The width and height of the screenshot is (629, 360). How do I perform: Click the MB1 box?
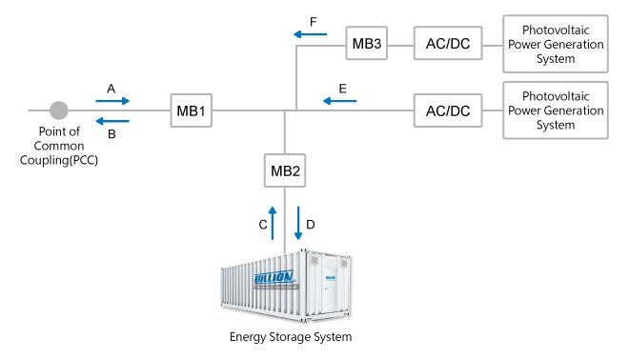click(191, 110)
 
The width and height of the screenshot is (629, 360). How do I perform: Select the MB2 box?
click(285, 170)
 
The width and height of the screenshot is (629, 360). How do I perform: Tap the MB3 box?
click(367, 43)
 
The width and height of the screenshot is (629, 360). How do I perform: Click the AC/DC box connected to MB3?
click(448, 43)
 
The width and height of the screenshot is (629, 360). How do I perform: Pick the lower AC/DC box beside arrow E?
click(448, 110)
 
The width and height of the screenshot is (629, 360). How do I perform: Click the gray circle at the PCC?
click(59, 110)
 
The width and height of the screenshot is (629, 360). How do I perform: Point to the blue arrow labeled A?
click(112, 101)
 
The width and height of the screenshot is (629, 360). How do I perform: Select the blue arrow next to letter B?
click(112, 121)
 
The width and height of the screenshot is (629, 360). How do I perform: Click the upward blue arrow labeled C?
click(273, 223)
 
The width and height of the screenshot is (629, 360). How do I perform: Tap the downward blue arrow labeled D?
click(298, 223)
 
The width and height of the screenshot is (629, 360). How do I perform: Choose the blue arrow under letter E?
click(340, 101)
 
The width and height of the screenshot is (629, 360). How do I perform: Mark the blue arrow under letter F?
click(311, 34)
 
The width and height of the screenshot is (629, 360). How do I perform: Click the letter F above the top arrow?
click(314, 22)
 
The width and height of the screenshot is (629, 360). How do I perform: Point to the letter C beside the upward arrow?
click(263, 225)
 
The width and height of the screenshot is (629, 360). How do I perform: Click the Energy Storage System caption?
click(291, 337)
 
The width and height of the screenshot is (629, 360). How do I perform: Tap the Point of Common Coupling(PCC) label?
click(59, 146)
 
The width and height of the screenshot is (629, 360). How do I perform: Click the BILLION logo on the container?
click(274, 276)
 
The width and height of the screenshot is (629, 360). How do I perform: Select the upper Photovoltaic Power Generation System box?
click(556, 44)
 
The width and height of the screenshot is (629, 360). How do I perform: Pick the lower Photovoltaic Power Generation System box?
click(556, 110)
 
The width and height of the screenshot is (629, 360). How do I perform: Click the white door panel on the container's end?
click(330, 284)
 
